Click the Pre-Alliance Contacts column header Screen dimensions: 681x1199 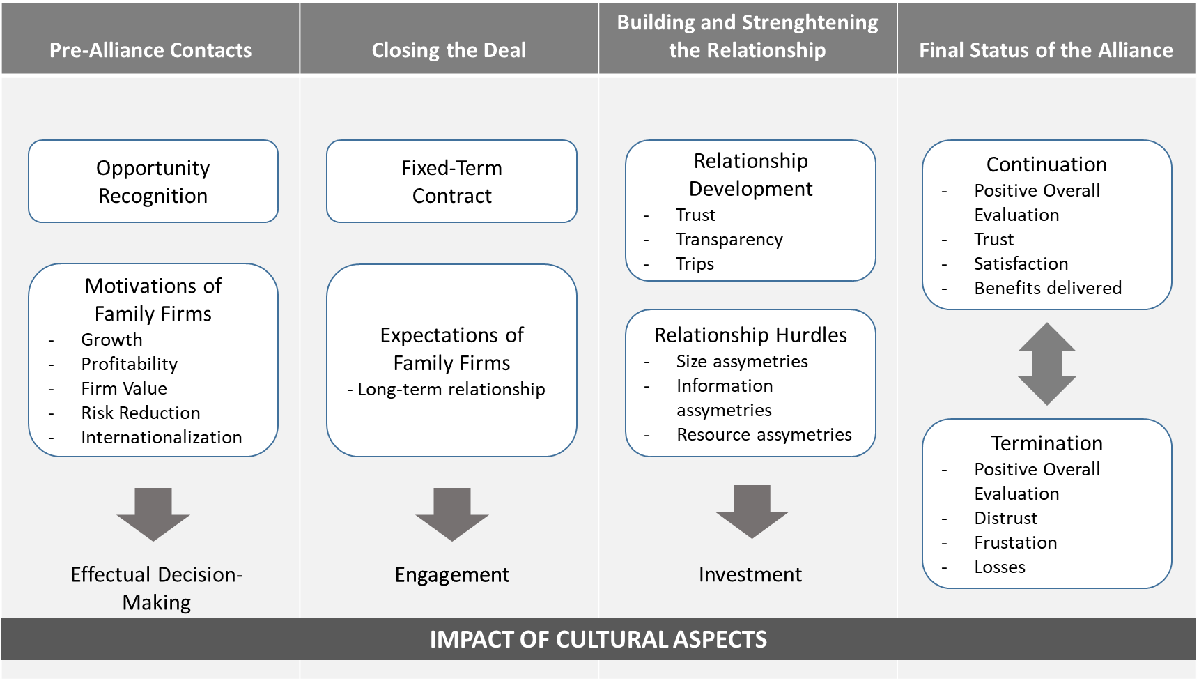(150, 50)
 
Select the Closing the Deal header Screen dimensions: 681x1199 (449, 50)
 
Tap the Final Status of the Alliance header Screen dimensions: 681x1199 (1046, 50)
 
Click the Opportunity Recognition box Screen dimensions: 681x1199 (153, 181)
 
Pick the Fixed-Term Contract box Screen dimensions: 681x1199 (451, 181)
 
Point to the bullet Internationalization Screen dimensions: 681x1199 (161, 437)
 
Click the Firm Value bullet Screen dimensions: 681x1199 (124, 388)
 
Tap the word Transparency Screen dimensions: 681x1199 (729, 239)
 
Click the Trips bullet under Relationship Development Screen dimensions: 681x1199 (695, 263)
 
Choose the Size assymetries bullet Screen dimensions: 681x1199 (742, 361)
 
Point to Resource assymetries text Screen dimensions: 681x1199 (764, 434)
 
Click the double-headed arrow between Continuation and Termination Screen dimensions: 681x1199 (1046, 364)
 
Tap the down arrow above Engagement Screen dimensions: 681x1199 (452, 514)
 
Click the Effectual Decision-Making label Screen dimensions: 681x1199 (157, 588)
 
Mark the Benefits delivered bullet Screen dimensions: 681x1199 (1047, 288)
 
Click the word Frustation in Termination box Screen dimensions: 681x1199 (1015, 542)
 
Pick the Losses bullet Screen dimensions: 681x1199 (999, 567)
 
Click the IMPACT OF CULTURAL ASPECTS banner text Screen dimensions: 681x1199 (598, 639)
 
